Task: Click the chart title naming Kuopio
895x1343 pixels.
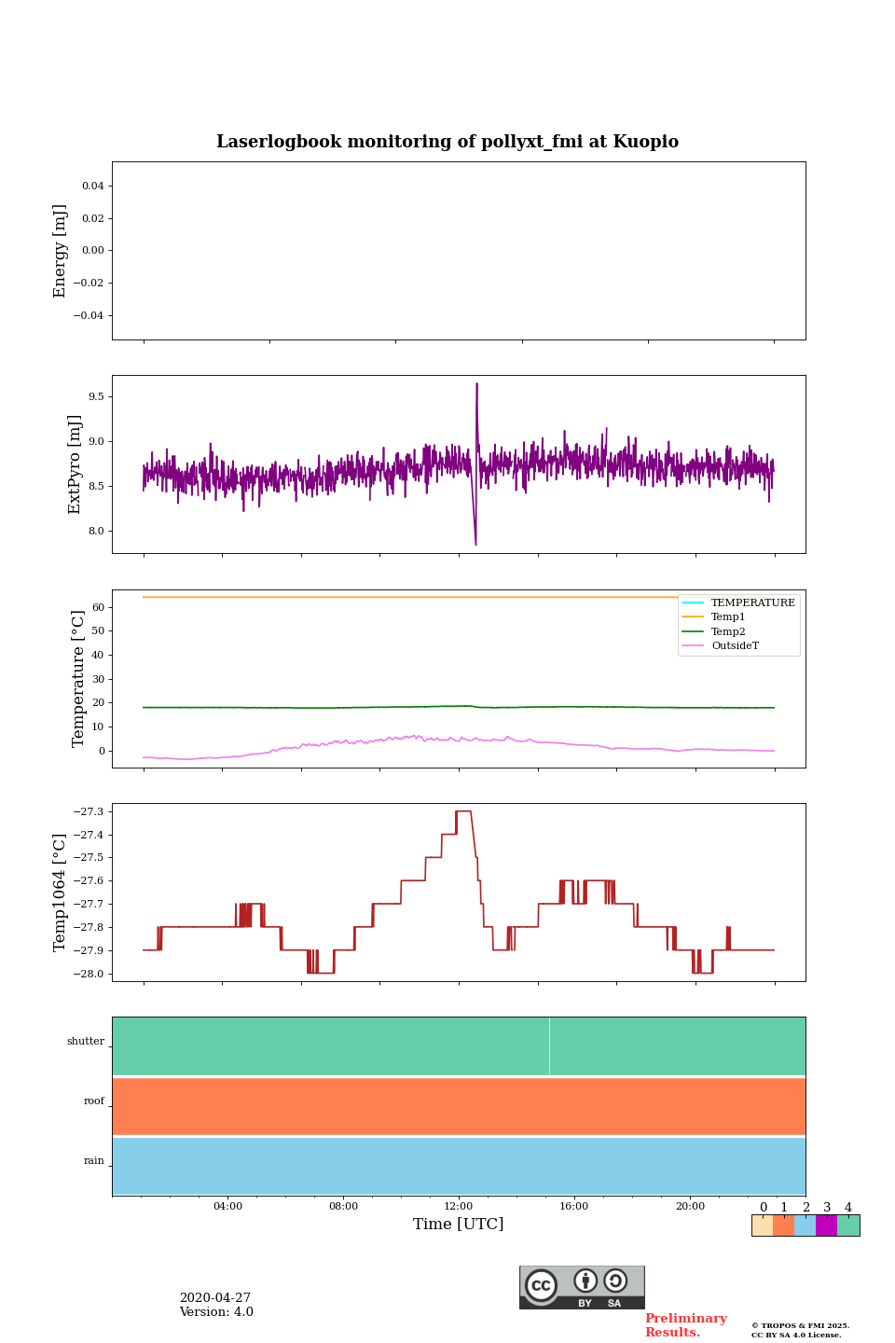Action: [447, 142]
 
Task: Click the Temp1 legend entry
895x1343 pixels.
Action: [728, 617]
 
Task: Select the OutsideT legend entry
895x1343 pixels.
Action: [735, 646]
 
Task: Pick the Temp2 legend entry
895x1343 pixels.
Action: [728, 631]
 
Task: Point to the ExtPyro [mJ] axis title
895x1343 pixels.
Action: [75, 464]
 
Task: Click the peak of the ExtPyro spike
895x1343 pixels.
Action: [476, 383]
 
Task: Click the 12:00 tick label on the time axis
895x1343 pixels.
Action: [459, 1206]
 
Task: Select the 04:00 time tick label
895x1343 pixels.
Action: [227, 1206]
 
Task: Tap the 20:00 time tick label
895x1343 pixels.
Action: [690, 1206]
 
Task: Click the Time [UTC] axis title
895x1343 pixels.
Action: [459, 1225]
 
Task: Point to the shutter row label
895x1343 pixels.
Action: [86, 1042]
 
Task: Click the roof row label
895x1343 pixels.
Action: [94, 1101]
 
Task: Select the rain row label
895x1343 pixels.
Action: [94, 1161]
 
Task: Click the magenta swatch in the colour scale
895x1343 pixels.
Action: [826, 1225]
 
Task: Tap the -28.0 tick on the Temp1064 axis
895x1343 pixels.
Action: [89, 974]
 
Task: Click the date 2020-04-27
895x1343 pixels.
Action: [215, 1298]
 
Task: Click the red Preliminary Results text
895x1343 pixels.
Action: [685, 1325]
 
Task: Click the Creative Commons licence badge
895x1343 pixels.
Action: [582, 1287]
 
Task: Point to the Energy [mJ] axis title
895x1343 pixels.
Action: [61, 251]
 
